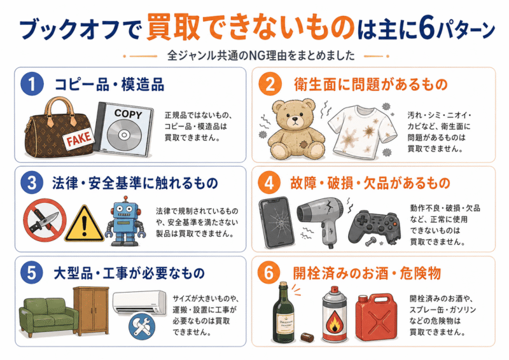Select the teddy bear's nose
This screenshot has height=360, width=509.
pyautogui.click(x=295, y=120)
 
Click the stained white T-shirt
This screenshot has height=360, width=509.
pyautogui.click(x=363, y=132)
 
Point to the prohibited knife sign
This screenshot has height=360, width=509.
pyautogui.click(x=45, y=220)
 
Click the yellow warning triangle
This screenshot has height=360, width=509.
pyautogui.click(x=84, y=224)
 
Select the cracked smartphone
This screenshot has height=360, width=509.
pyautogui.click(x=277, y=222)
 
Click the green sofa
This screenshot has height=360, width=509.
pyautogui.click(x=48, y=317)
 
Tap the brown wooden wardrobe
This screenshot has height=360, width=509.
pyautogui.click(x=91, y=310)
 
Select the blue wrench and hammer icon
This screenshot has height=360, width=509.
pyautogui.click(x=142, y=326)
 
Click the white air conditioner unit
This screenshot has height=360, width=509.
pyautogui.click(x=139, y=303)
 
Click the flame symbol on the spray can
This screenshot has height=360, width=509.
pyautogui.click(x=333, y=321)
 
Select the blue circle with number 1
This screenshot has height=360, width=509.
pyautogui.click(x=32, y=84)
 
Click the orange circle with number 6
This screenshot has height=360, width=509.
pyautogui.click(x=268, y=273)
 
